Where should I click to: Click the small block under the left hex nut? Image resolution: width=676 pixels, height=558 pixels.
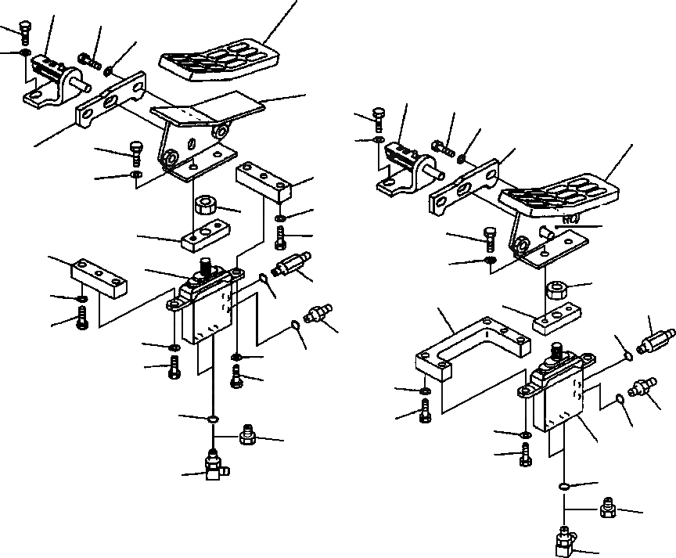(x=199, y=237)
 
